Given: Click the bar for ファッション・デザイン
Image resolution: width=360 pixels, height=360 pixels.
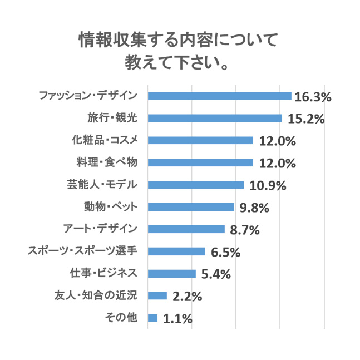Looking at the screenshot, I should point(219,96).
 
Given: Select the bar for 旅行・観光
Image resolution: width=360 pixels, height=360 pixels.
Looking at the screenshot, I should point(215,119).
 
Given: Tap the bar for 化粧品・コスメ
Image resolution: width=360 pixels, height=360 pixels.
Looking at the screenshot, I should point(200,140).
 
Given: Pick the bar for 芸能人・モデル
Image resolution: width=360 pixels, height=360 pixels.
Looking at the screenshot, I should point(195,185).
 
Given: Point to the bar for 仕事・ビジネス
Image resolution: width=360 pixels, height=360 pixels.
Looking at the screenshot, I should point(171,274).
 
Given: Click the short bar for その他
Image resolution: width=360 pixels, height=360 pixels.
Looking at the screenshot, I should point(152,318).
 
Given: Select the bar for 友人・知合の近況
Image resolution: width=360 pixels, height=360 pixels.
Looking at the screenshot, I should point(157,296).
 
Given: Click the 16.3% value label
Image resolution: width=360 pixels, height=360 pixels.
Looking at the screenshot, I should point(313,97).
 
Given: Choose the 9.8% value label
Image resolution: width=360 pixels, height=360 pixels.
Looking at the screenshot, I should point(254,208).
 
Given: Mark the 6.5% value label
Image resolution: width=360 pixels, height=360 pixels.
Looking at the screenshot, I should point(225,252).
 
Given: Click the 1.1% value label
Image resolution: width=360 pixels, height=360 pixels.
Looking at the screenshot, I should point(177,319).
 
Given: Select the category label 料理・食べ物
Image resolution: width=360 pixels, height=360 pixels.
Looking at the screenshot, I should point(105,162).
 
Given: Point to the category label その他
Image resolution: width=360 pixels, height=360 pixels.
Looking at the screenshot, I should point(121,318).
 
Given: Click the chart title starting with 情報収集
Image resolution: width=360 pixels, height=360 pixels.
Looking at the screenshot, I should point(178,50).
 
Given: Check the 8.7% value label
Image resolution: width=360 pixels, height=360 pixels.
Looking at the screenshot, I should point(245,230).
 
